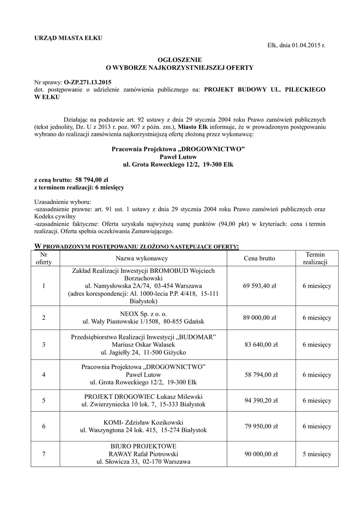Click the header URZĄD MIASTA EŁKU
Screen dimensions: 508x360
[68, 39]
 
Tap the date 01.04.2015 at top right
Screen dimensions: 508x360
[306, 46]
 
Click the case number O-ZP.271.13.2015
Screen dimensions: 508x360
[88, 81]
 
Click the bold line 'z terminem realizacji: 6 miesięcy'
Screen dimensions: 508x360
[79, 188]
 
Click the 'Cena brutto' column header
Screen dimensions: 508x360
[259, 258]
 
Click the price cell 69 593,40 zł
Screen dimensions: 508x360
[259, 286]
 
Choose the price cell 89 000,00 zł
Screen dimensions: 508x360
[259, 318]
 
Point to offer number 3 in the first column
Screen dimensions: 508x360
[44, 344]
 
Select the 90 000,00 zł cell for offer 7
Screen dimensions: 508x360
[259, 454]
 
